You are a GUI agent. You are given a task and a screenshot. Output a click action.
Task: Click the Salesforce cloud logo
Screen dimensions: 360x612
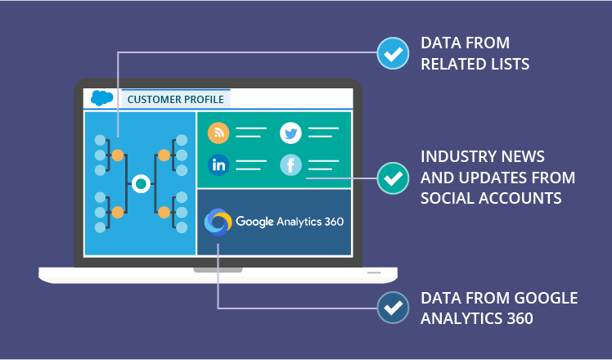pyautogui.click(x=102, y=98)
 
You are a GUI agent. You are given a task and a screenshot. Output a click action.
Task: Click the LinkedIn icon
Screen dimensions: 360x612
pyautogui.click(x=218, y=164)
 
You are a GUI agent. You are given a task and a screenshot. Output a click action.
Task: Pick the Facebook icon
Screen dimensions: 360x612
pyautogui.click(x=290, y=165)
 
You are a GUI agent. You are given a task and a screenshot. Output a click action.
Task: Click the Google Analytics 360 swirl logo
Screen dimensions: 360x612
pyautogui.click(x=218, y=222)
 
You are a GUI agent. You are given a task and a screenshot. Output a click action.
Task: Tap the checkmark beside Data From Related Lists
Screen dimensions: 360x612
pyautogui.click(x=393, y=53)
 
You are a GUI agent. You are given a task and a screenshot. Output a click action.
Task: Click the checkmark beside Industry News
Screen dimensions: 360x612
pyautogui.click(x=393, y=177)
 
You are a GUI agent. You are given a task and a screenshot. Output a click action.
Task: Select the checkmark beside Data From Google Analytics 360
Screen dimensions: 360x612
pyautogui.click(x=393, y=308)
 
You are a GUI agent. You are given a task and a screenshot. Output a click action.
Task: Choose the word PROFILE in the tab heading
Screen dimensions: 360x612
pyautogui.click(x=205, y=100)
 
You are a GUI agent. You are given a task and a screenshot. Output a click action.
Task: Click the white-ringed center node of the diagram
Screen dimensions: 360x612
pyautogui.click(x=141, y=183)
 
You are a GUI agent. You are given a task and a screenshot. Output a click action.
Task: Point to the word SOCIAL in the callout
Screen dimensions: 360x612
pyautogui.click(x=447, y=198)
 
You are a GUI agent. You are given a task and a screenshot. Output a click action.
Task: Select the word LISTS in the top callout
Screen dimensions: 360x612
pyautogui.click(x=507, y=64)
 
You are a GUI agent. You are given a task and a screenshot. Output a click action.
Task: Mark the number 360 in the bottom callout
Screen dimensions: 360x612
pyautogui.click(x=519, y=318)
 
